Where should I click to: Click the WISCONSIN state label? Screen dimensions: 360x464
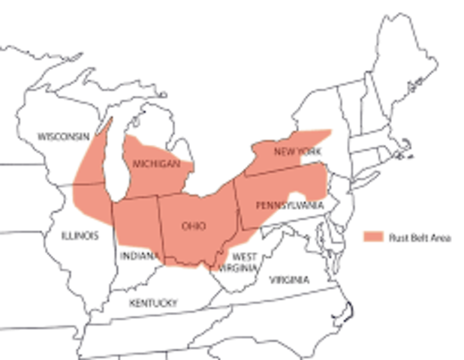pyautogui.click(x=63, y=136)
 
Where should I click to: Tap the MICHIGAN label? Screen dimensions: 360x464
pyautogui.click(x=156, y=163)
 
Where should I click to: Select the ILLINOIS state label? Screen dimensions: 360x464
pyautogui.click(x=80, y=235)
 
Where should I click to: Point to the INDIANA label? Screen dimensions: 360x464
pyautogui.click(x=138, y=256)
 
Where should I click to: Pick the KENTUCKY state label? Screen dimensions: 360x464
pyautogui.click(x=153, y=303)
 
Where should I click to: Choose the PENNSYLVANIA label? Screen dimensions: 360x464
pyautogui.click(x=289, y=205)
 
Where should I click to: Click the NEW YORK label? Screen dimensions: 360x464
pyautogui.click(x=297, y=151)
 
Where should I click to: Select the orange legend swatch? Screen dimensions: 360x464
pyautogui.click(x=373, y=237)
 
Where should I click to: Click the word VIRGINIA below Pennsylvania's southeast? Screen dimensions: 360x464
pyautogui.click(x=288, y=280)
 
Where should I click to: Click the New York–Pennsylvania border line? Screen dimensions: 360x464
pyautogui.click(x=285, y=170)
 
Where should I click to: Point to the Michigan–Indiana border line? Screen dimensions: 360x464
pyautogui.click(x=135, y=199)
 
